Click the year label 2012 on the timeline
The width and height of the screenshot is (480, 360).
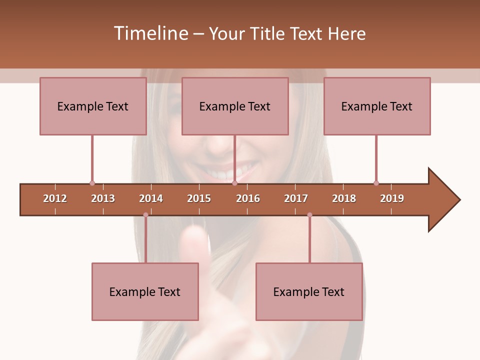pyautogui.click(x=55, y=198)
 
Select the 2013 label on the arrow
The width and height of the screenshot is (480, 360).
pyautogui.click(x=103, y=198)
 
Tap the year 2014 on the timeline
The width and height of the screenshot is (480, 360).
pyautogui.click(x=151, y=198)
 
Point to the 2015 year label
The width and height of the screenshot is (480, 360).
pyautogui.click(x=199, y=198)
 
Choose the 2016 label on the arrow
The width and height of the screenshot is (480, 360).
pyautogui.click(x=248, y=198)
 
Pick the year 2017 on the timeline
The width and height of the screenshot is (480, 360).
pyautogui.click(x=296, y=198)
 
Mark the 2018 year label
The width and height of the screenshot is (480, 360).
pyautogui.click(x=344, y=198)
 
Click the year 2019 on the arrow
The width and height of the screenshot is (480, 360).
pyautogui.click(x=392, y=198)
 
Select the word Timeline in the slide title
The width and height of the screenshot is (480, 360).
pyautogui.click(x=150, y=33)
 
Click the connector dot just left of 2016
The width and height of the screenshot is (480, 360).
pyautogui.click(x=234, y=183)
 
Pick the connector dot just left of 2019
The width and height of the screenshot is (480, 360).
pyautogui.click(x=376, y=183)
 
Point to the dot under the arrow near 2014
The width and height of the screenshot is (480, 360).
pyautogui.click(x=145, y=215)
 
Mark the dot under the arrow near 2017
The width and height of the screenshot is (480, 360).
pyautogui.click(x=309, y=215)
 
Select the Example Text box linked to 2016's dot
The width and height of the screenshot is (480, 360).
pyautogui.click(x=235, y=106)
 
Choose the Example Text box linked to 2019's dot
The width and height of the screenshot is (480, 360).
pyautogui.click(x=377, y=106)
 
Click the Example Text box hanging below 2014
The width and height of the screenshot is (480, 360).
pyautogui.click(x=145, y=291)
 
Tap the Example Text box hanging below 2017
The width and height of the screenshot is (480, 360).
pyautogui.click(x=309, y=291)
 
